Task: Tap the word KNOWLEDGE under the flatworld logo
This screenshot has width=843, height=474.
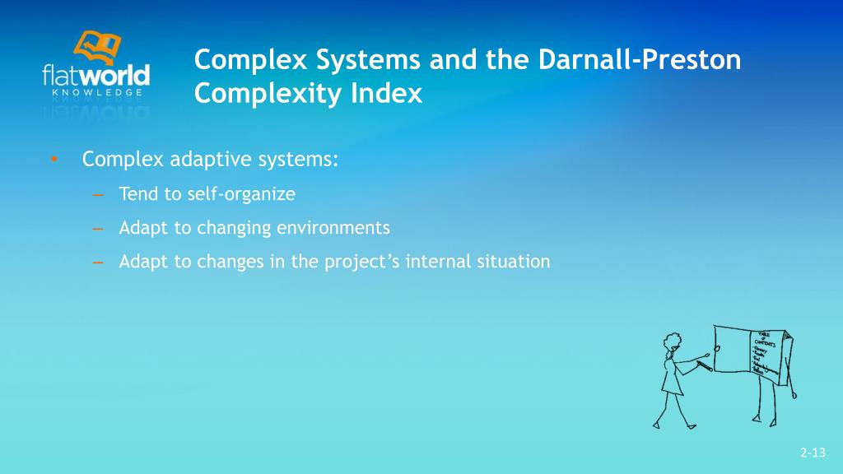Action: pyautogui.click(x=95, y=93)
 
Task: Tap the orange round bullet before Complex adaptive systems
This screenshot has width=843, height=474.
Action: pyautogui.click(x=53, y=159)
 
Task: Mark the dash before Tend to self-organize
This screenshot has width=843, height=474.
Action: pyautogui.click(x=97, y=195)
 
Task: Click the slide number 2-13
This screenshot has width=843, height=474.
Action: pyautogui.click(x=812, y=453)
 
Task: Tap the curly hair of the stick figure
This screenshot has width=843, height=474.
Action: pyautogui.click(x=672, y=341)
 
